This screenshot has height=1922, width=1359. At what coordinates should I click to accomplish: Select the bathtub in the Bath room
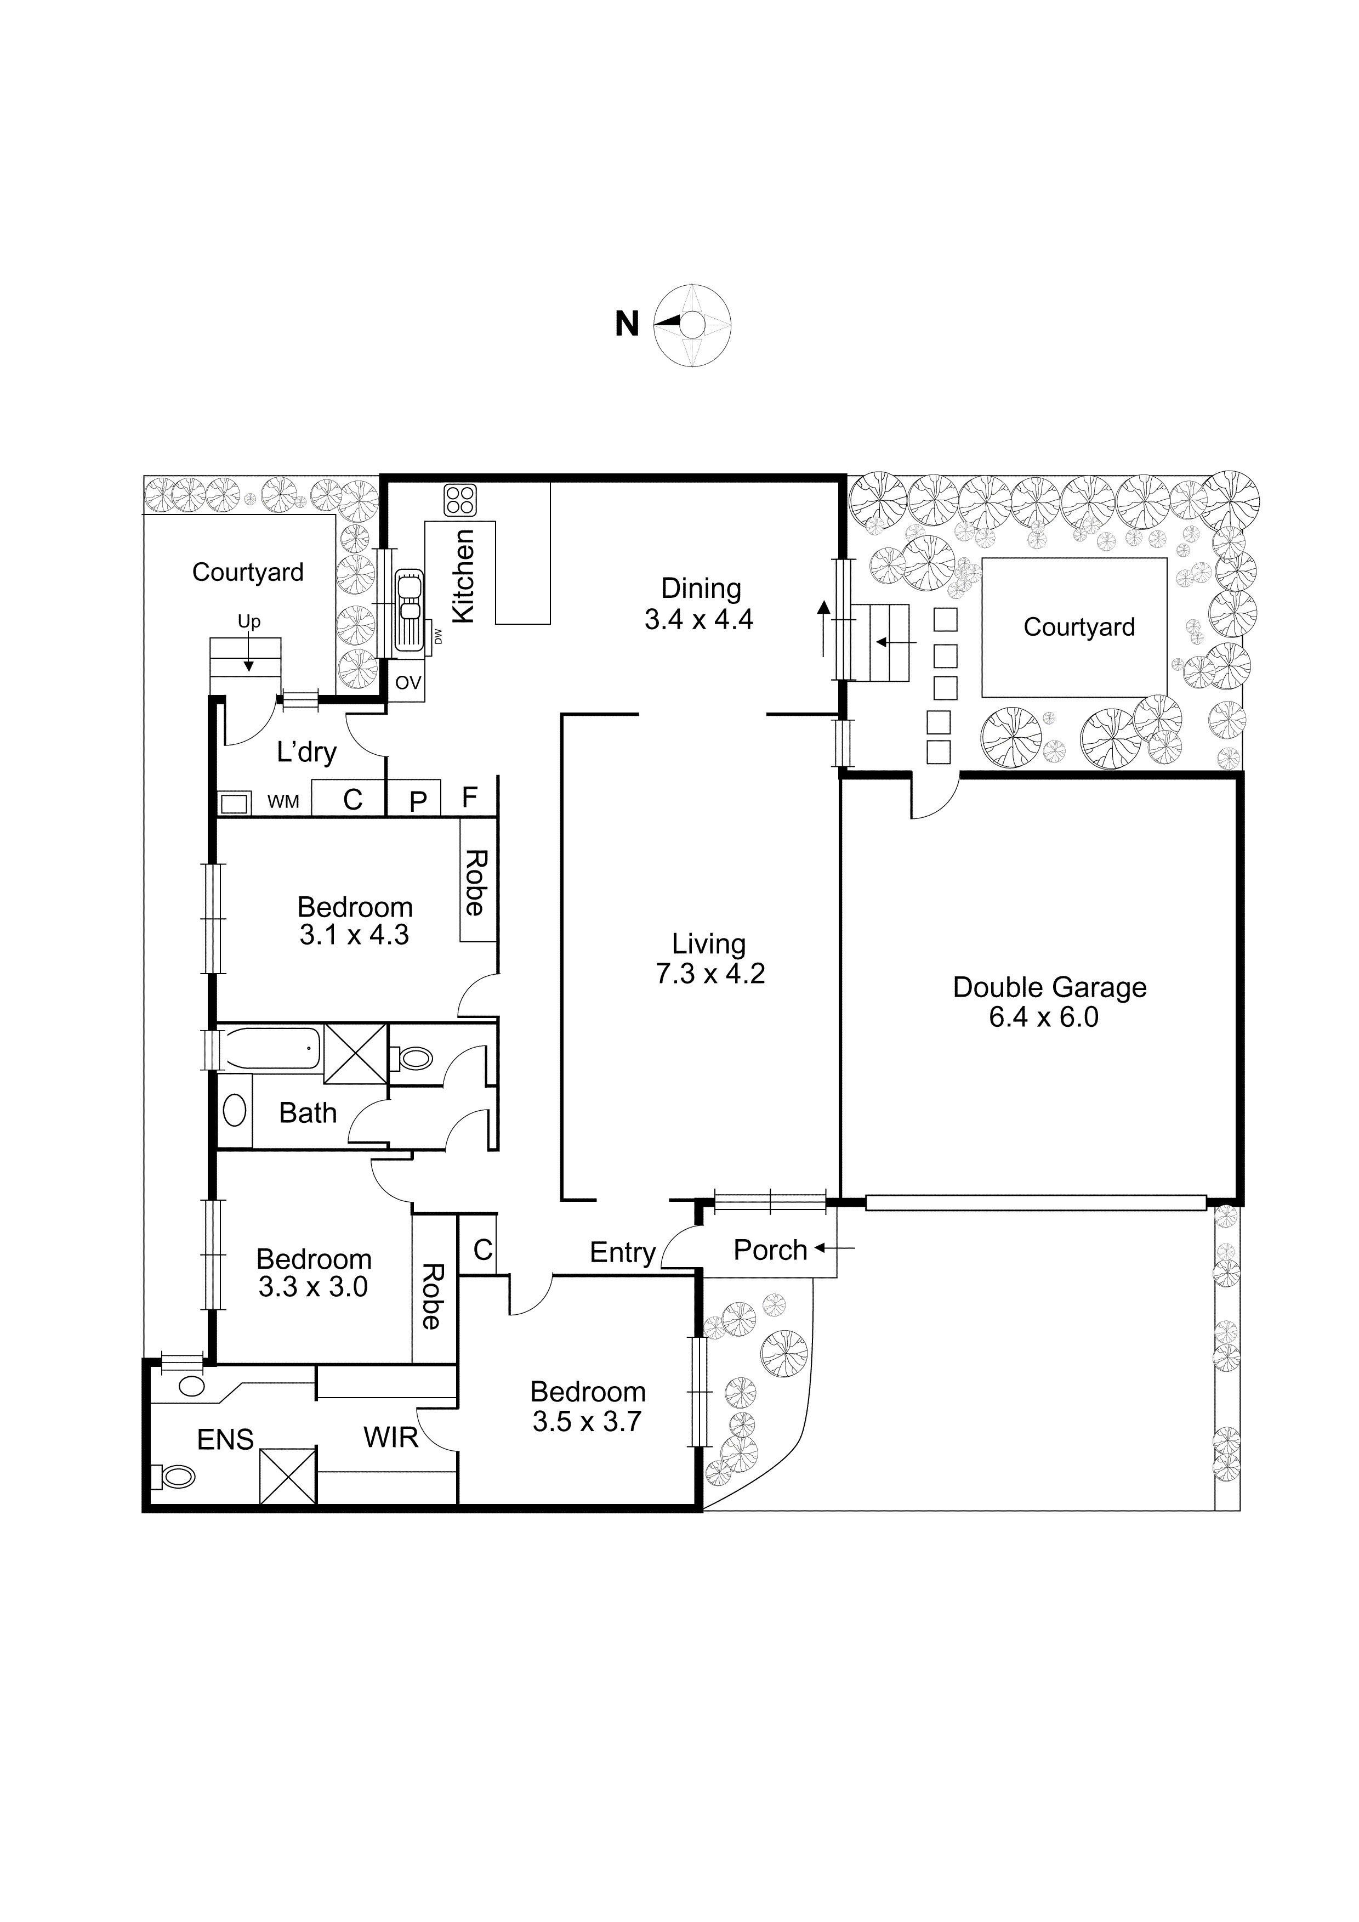pos(270,1048)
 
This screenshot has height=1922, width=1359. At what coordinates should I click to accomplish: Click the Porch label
pos(770,1250)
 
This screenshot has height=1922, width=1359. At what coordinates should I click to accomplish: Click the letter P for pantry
pos(418,802)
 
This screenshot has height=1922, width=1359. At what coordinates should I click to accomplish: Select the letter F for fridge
pos(469,797)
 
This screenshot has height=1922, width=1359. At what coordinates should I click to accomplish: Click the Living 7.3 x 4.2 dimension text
pos(709,974)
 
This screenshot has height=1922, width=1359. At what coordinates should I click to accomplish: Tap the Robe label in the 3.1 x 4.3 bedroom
pos(475,883)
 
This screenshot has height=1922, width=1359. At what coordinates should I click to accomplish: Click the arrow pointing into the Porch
pos(834,1249)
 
